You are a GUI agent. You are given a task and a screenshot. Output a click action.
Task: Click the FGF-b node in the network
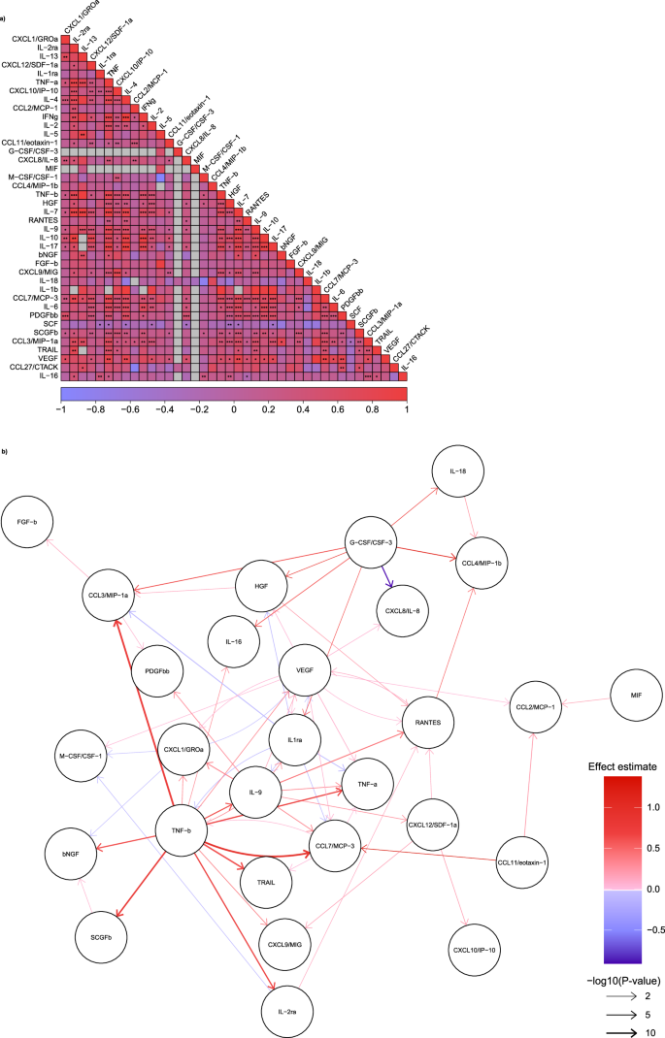click(x=33, y=521)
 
